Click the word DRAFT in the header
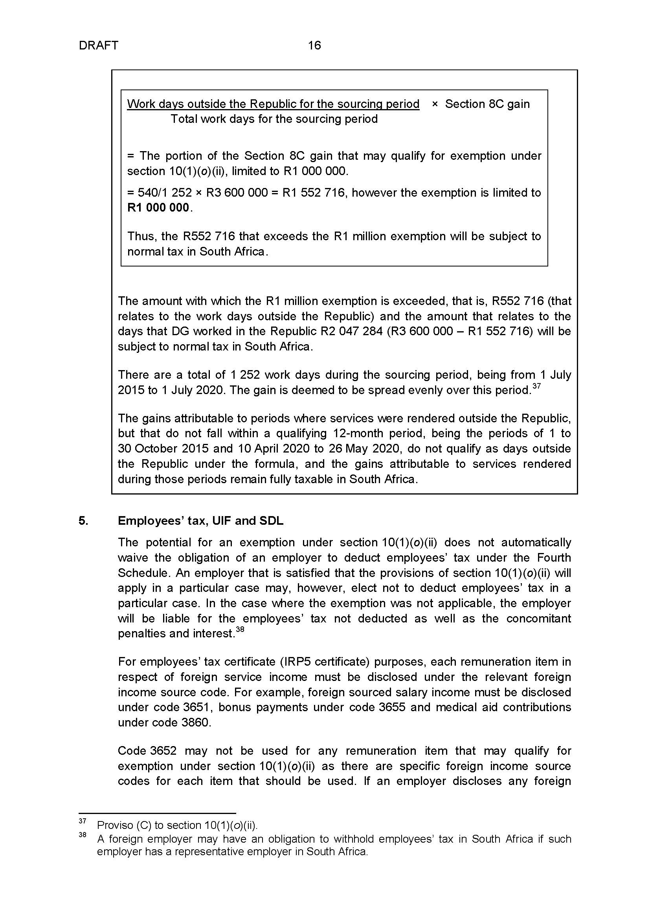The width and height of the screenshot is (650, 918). point(99,46)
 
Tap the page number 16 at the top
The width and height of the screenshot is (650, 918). point(314,46)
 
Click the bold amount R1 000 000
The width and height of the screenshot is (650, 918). point(158,208)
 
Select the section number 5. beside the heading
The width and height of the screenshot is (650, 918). point(83,521)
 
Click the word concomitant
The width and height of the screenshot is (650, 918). point(538,619)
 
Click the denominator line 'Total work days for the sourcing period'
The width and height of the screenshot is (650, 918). point(274,119)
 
